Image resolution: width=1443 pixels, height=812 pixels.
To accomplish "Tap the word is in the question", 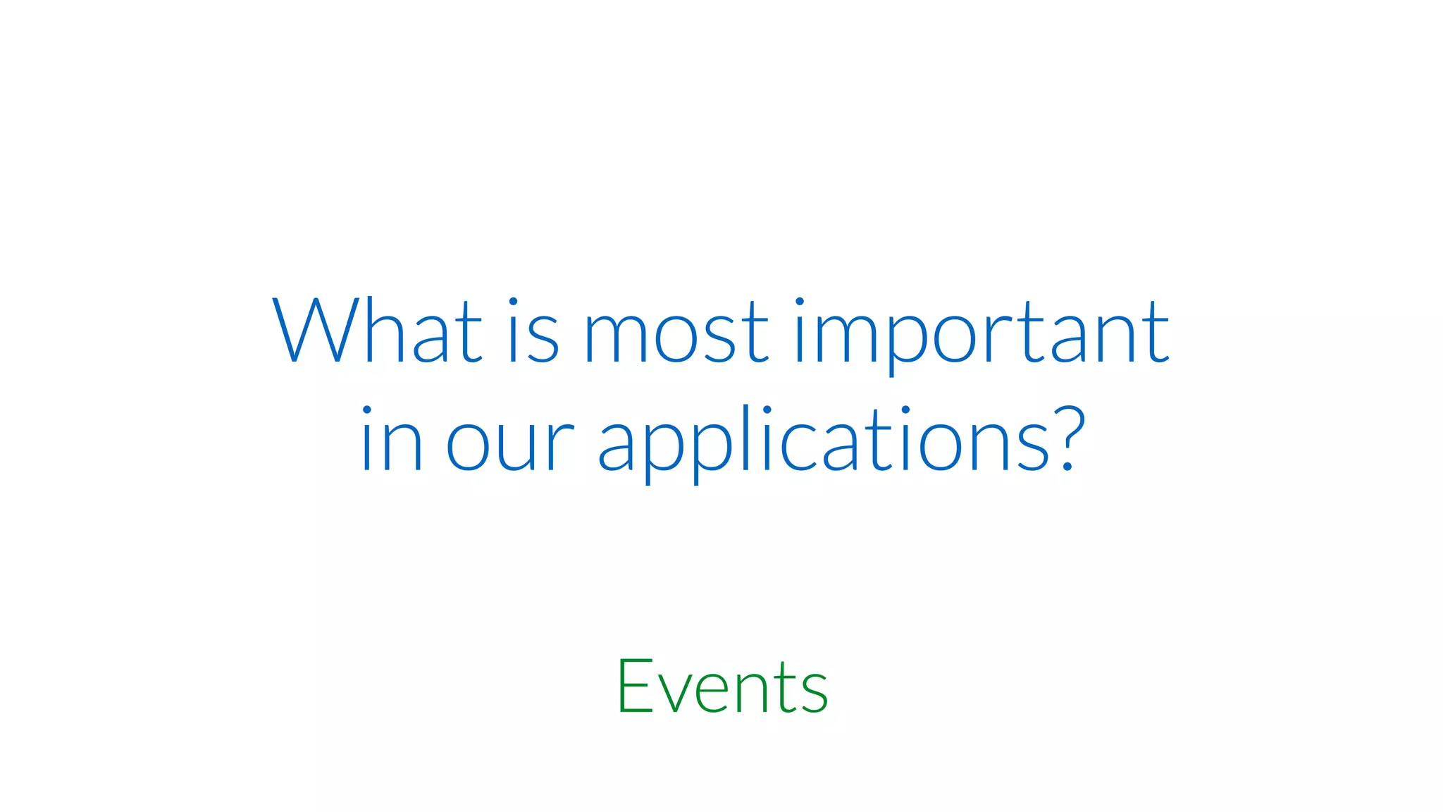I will (533, 331).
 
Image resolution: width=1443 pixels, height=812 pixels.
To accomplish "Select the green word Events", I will (722, 687).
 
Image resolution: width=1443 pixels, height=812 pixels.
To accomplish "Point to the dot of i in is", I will (513, 302).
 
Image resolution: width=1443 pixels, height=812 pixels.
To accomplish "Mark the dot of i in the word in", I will (366, 410).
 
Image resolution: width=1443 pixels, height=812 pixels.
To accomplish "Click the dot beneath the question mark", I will (1068, 466).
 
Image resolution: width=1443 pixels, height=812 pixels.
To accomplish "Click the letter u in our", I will (520, 447).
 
